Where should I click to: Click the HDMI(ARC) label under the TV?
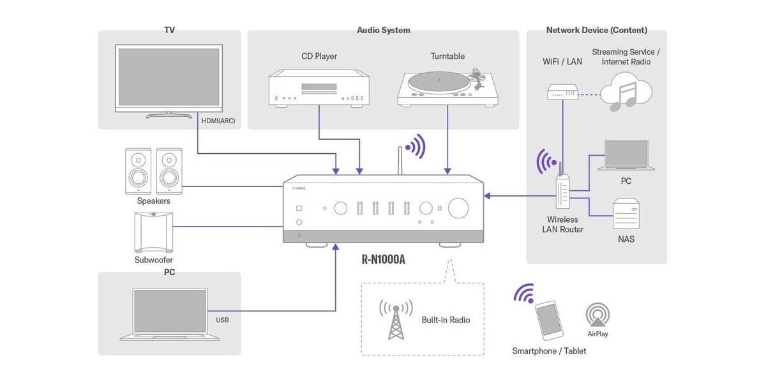pyautogui.click(x=218, y=121)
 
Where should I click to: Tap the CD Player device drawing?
pyautogui.click(x=319, y=88)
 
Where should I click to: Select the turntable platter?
pyautogui.click(x=439, y=82)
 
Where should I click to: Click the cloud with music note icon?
pyautogui.click(x=626, y=92)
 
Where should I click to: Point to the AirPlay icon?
pyautogui.click(x=597, y=315)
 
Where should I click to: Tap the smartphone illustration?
pyautogui.click(x=549, y=320)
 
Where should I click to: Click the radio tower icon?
pyautogui.click(x=396, y=320)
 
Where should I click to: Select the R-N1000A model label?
pyautogui.click(x=384, y=259)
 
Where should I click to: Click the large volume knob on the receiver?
pyautogui.click(x=458, y=207)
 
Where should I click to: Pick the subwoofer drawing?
pyautogui.click(x=154, y=232)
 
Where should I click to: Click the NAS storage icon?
pyautogui.click(x=626, y=214)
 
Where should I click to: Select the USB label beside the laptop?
pyautogui.click(x=222, y=320)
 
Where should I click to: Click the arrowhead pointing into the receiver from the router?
pyautogui.click(x=487, y=196)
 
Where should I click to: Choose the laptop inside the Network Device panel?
pyautogui.click(x=626, y=155)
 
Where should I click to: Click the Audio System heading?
pyautogui.click(x=384, y=30)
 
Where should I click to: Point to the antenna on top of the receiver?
pyautogui.click(x=400, y=161)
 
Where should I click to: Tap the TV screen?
pyautogui.click(x=169, y=77)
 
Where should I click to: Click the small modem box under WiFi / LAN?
pyautogui.click(x=562, y=92)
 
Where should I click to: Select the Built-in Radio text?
pyautogui.click(x=446, y=320)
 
